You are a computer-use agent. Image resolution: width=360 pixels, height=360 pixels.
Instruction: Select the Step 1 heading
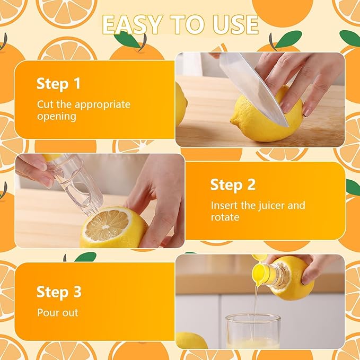click(59, 84)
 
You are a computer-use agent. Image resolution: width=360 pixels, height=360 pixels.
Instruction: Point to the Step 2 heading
click(233, 185)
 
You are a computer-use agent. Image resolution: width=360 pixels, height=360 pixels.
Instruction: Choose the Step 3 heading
click(59, 292)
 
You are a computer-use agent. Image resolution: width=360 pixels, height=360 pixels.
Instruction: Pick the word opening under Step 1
click(56, 116)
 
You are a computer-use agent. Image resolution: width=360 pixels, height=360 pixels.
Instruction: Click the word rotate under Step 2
click(225, 217)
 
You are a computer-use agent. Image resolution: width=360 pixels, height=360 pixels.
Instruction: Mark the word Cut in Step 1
click(45, 104)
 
